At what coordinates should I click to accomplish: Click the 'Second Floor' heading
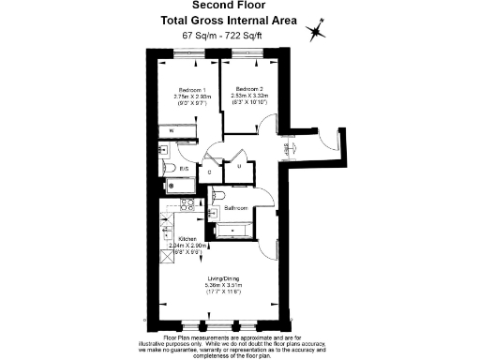click(239, 6)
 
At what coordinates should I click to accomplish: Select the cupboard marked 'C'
click(209, 172)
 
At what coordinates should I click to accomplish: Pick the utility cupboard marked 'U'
click(239, 167)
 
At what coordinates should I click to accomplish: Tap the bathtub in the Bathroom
click(232, 229)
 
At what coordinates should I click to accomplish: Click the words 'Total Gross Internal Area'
click(239, 20)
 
